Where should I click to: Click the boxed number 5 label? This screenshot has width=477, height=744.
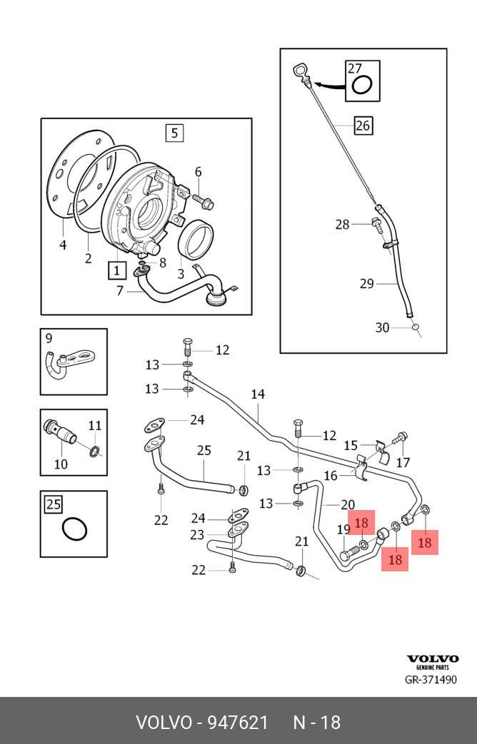[174, 133]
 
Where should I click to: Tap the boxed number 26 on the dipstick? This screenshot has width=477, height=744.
[363, 126]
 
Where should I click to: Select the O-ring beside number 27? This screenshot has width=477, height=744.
[361, 86]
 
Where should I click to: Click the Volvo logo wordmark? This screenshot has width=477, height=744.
[432, 658]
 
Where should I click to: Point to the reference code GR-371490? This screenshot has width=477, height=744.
[431, 680]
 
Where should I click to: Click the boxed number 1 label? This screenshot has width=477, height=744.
[117, 270]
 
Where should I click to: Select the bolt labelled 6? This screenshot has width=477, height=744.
[204, 200]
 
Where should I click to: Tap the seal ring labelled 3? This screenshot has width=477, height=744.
[195, 240]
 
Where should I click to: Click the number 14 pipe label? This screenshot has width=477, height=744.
[258, 394]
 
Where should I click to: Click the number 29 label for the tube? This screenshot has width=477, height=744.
[367, 284]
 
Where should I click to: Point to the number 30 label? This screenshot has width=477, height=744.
[382, 328]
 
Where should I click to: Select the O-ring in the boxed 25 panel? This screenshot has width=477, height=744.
[74, 529]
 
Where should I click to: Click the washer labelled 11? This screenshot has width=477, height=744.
[95, 452]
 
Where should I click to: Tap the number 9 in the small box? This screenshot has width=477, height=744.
[49, 338]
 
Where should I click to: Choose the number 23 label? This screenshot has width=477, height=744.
[196, 535]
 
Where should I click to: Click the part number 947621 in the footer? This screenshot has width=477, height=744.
[239, 723]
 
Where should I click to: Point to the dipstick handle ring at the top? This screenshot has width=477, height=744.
[300, 71]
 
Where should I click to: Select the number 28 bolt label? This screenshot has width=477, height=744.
[342, 225]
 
